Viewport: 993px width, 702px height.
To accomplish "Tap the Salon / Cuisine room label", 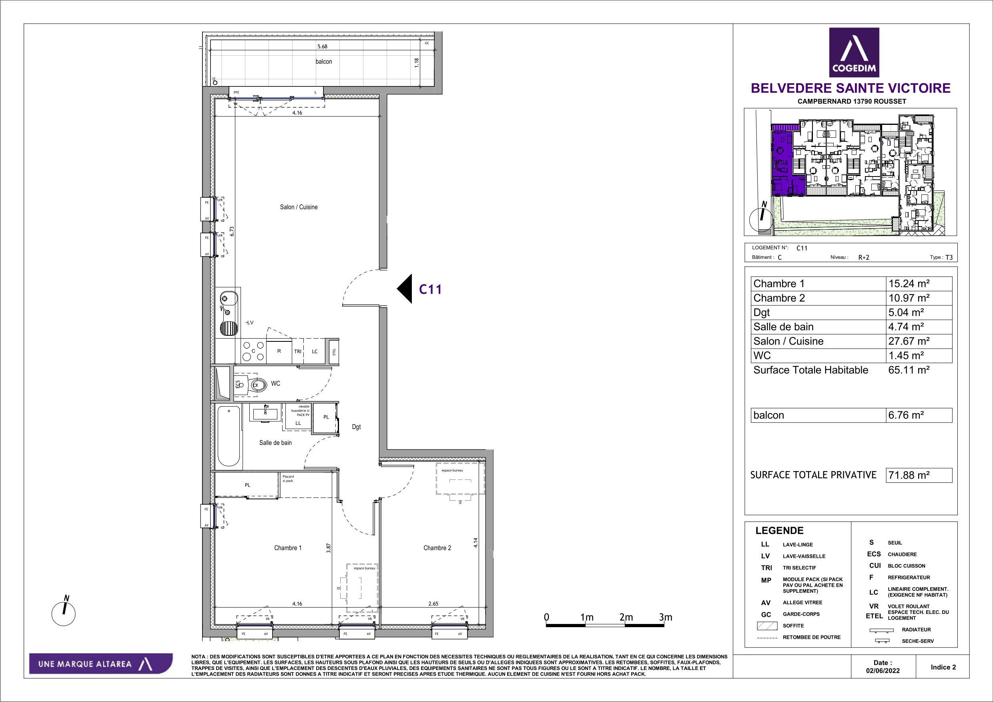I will click(x=299, y=207).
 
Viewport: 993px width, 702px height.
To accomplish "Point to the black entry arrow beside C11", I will click(x=405, y=289).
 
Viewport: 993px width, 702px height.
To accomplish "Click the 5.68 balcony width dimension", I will click(x=322, y=46).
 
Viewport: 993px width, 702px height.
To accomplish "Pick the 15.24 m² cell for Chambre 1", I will click(x=919, y=284).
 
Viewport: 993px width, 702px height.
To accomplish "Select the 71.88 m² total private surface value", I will click(x=919, y=475).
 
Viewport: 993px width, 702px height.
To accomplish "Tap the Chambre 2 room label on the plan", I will click(x=437, y=548).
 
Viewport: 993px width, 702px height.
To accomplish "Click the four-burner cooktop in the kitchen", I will click(x=253, y=351).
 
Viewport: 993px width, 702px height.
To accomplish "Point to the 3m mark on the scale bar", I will click(x=665, y=617).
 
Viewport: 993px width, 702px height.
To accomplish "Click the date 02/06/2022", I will click(x=883, y=671).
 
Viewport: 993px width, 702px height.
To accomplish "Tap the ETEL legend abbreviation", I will click(x=874, y=616).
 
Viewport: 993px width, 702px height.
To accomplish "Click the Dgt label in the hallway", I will click(x=356, y=427).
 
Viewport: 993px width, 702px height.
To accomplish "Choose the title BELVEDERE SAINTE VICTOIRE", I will click(x=850, y=88).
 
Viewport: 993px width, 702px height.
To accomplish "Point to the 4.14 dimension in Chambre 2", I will click(x=476, y=543).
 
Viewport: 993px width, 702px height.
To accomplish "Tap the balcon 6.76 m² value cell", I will click(x=919, y=415).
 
